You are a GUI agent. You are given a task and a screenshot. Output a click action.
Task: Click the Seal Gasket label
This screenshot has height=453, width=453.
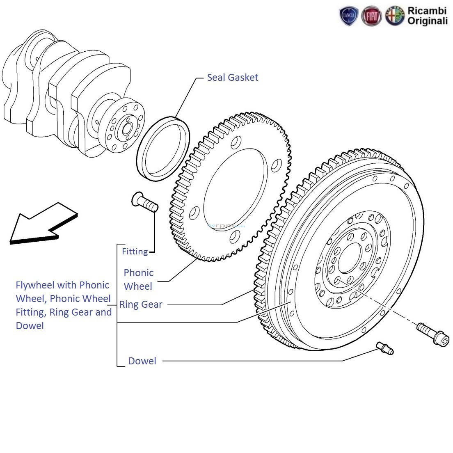pyautogui.click(x=232, y=78)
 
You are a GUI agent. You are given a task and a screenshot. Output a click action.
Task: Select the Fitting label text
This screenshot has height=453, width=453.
pyautogui.click(x=135, y=252)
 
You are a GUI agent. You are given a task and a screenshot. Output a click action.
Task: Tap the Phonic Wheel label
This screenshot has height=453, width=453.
pyautogui.click(x=139, y=279)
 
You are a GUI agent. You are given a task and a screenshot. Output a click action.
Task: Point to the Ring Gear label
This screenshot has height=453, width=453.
pyautogui.click(x=141, y=304)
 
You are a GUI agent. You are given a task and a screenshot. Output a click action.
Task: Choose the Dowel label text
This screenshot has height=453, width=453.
pyautogui.click(x=142, y=361)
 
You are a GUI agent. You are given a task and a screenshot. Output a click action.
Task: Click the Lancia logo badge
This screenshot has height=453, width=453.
pyautogui.click(x=349, y=16)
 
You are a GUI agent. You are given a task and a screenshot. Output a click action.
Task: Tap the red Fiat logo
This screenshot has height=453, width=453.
pyautogui.click(x=371, y=16)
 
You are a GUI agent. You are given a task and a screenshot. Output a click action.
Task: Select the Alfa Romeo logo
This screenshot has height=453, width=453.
pyautogui.click(x=394, y=16)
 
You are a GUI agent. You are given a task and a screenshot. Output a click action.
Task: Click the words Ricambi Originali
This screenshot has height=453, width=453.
pyautogui.click(x=427, y=16)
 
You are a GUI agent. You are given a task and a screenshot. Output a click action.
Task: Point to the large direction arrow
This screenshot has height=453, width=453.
pyautogui.click(x=41, y=224)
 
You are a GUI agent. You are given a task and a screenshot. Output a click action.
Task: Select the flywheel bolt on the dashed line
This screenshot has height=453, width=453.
pyautogui.click(x=427, y=333)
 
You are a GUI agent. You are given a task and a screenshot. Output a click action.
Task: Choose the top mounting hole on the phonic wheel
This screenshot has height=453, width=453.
pyautogui.click(x=236, y=143)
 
